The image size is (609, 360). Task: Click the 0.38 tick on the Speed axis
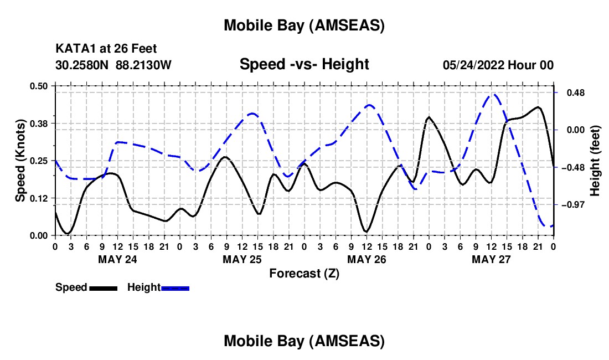pyautogui.click(x=43, y=123)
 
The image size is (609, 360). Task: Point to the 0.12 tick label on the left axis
pyautogui.click(x=43, y=198)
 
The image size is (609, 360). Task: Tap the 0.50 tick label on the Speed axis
pyautogui.click(x=43, y=86)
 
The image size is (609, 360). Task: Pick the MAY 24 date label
pyautogui.click(x=117, y=259)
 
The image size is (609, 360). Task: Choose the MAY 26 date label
pyautogui.click(x=367, y=259)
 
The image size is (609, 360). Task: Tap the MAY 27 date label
pyautogui.click(x=491, y=259)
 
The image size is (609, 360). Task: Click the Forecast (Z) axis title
pyautogui.click(x=304, y=273)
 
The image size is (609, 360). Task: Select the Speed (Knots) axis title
pyautogui.click(x=20, y=161)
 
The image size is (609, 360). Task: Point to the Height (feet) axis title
pyautogui.click(x=595, y=161)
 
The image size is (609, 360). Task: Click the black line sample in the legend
pyautogui.click(x=102, y=288)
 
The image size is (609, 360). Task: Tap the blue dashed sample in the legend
pyautogui.click(x=176, y=288)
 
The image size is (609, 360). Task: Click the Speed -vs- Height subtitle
pyautogui.click(x=304, y=64)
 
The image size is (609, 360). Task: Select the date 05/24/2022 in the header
pyautogui.click(x=473, y=65)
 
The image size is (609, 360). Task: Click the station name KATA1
pyautogui.click(x=74, y=49)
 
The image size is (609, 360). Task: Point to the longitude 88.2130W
pyautogui.click(x=144, y=65)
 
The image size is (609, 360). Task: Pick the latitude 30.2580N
pyautogui.click(x=82, y=65)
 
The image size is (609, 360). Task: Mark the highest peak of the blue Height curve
pyautogui.click(x=493, y=94)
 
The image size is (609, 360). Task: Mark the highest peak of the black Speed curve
pyautogui.click(x=538, y=107)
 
